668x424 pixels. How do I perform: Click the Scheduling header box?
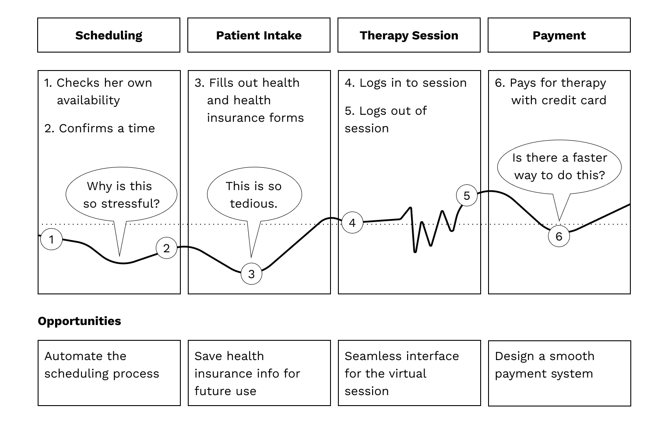coord(109,35)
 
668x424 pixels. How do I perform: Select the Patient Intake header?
coord(259,35)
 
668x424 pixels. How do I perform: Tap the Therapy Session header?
coord(409,35)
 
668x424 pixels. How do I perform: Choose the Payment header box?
coord(559,35)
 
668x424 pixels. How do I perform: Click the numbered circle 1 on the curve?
coord(51,240)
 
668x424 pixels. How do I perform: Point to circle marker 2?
coord(166,248)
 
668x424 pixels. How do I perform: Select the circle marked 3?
coord(251,274)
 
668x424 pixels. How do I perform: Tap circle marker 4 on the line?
coord(352,223)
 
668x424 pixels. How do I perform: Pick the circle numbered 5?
coord(467,195)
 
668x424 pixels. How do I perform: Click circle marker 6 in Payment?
coord(559,237)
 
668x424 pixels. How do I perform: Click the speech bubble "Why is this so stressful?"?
coord(121,195)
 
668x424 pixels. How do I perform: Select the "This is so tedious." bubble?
coord(254,195)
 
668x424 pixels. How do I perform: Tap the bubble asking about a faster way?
coord(559,166)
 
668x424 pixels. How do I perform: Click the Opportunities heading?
coord(79,321)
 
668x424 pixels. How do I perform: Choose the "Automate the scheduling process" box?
coord(109,373)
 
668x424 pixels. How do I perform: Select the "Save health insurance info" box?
coord(259,373)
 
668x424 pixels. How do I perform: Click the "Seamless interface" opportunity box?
coord(409,373)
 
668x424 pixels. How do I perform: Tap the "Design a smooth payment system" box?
coord(559,373)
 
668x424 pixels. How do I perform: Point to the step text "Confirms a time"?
coord(106,128)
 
